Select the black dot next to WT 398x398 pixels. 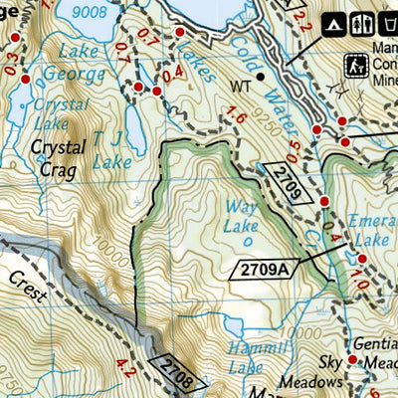pos(260,75)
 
